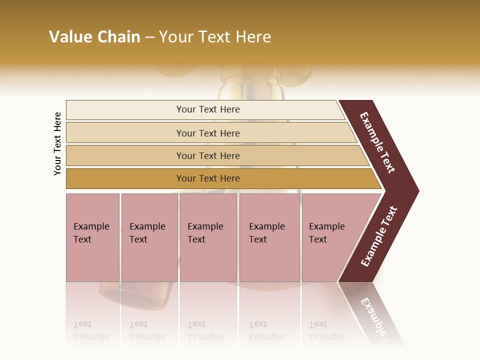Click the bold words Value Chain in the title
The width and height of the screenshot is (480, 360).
point(94,37)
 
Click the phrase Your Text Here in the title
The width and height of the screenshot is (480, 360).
point(215,37)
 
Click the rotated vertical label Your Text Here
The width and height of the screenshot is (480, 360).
point(57,143)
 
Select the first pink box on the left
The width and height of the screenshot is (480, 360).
point(92,237)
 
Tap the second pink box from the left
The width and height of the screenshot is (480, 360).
point(149,237)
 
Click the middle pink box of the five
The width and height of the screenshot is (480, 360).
point(208,237)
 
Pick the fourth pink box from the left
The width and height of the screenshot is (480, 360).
point(269,237)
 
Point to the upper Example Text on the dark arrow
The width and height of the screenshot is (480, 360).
point(377,142)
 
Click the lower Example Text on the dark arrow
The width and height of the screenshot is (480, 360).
point(378,236)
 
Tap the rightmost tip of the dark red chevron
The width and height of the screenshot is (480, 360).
point(418,191)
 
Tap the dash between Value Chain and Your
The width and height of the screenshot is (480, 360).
point(149,37)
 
